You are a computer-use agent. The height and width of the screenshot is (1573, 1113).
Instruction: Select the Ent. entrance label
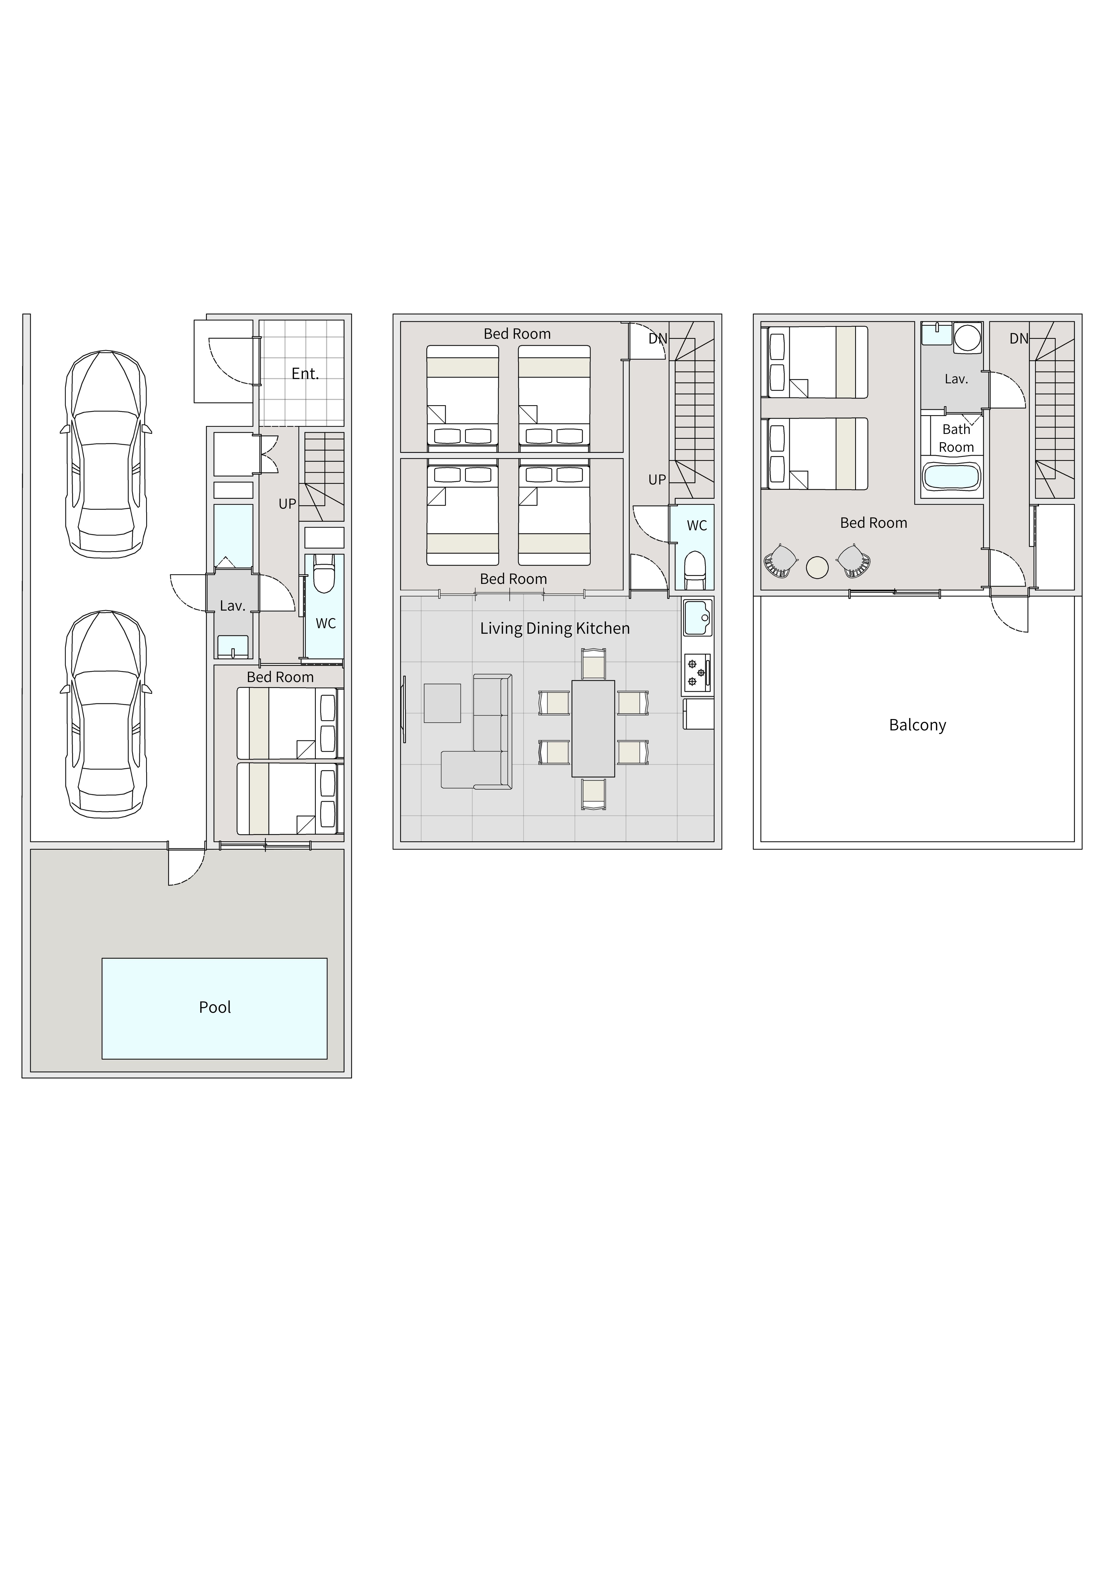click(x=305, y=373)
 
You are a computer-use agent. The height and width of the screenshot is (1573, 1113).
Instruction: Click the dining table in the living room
click(x=594, y=728)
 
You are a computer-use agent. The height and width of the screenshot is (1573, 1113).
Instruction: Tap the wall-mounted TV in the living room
click(x=404, y=709)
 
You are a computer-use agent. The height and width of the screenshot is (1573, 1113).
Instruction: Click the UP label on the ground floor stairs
click(x=287, y=504)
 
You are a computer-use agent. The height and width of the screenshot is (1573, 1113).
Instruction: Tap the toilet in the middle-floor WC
click(x=695, y=569)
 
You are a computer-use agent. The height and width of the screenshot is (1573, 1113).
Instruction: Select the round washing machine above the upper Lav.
click(x=967, y=338)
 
